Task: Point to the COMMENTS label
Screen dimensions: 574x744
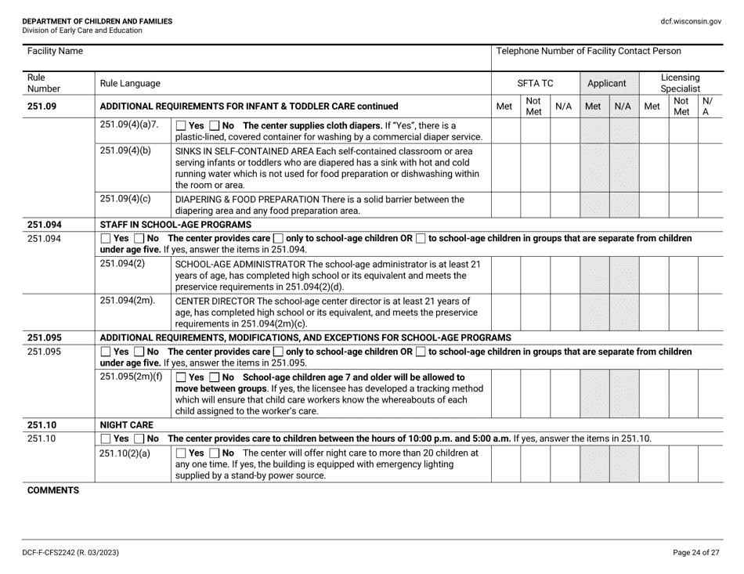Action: [x=51, y=489]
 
